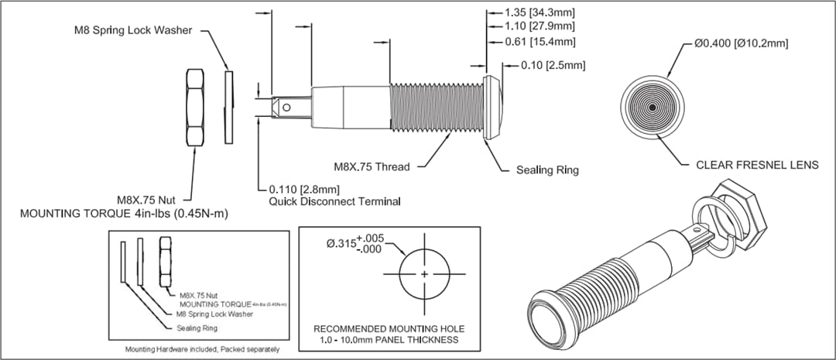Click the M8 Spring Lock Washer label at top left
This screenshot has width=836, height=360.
132,30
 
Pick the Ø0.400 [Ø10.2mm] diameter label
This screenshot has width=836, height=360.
741,43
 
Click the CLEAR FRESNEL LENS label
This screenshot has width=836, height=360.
757,165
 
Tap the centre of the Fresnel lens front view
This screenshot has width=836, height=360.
653,107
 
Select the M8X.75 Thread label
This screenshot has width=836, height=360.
372,166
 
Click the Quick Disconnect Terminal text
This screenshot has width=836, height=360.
334,201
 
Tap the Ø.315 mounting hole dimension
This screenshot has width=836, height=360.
355,243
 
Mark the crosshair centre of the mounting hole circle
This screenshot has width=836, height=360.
425,275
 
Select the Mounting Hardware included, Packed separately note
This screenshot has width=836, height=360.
202,350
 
